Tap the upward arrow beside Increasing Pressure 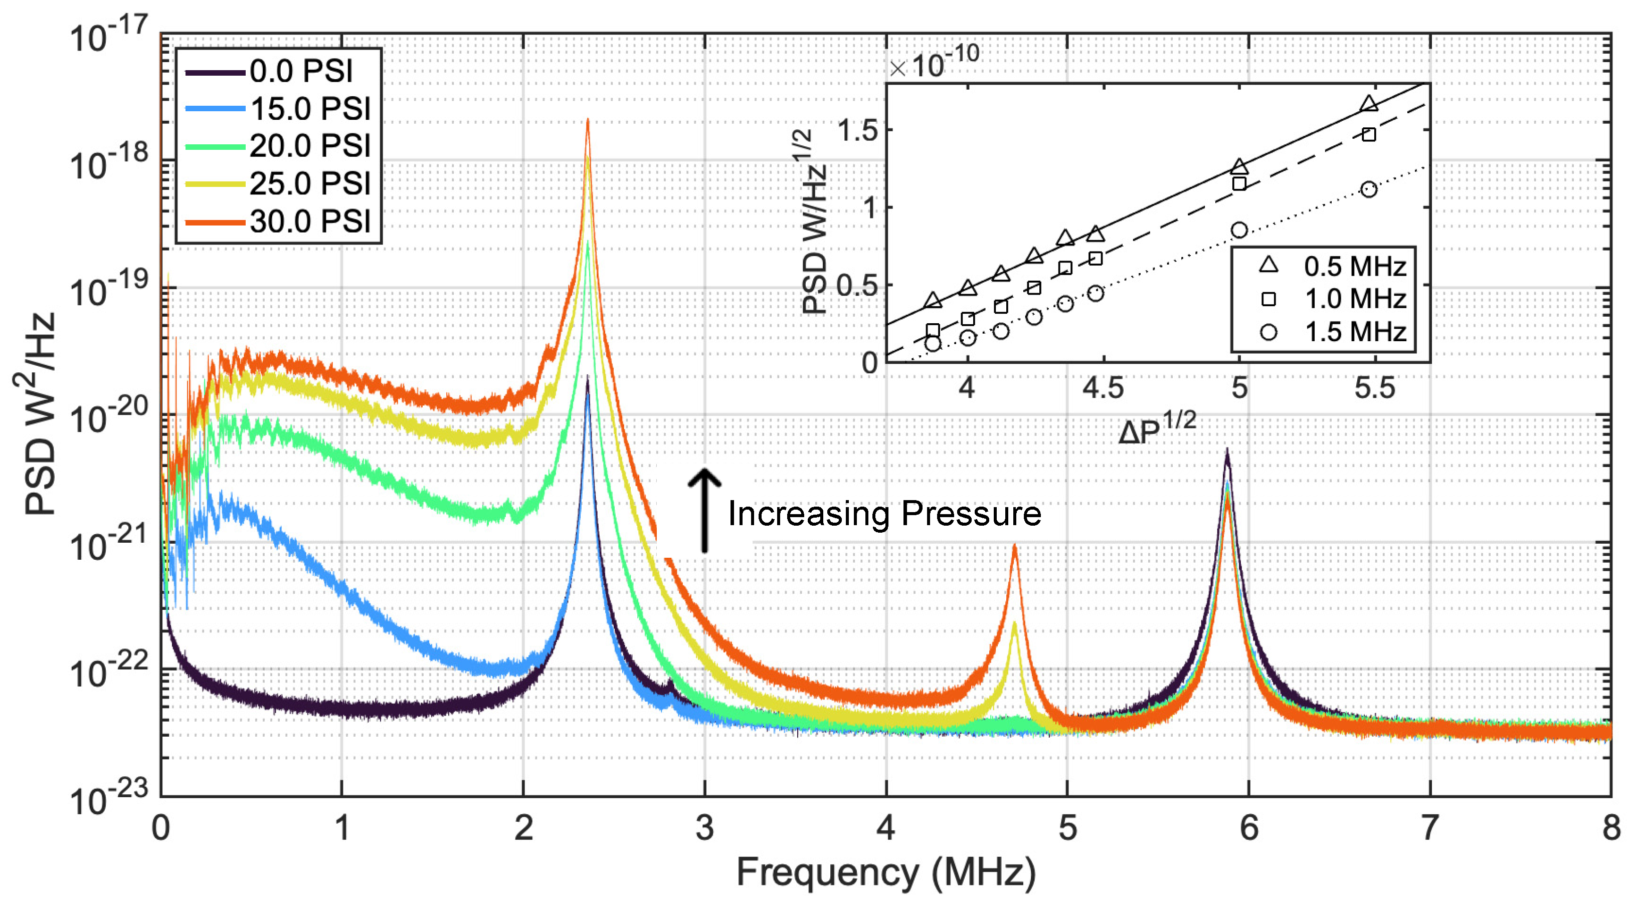(x=704, y=510)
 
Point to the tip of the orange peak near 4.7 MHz (x=1014, y=545)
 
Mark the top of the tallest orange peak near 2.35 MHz (x=588, y=120)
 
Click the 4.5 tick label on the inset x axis (x=1103, y=387)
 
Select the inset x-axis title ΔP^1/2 (x=1156, y=429)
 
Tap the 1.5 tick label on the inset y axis (x=857, y=131)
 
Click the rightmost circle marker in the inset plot (x=1369, y=189)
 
